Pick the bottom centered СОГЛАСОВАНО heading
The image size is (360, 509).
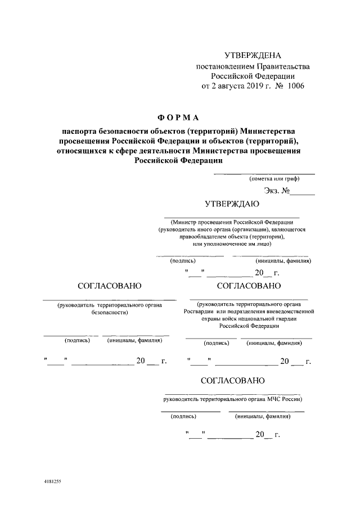[232, 381]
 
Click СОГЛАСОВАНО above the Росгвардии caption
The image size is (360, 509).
[249, 286]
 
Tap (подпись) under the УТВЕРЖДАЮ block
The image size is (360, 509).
[183, 260]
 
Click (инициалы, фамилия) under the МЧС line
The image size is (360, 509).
[259, 417]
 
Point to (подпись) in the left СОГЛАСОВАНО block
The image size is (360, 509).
[78, 340]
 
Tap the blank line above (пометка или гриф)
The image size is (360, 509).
[264, 174]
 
